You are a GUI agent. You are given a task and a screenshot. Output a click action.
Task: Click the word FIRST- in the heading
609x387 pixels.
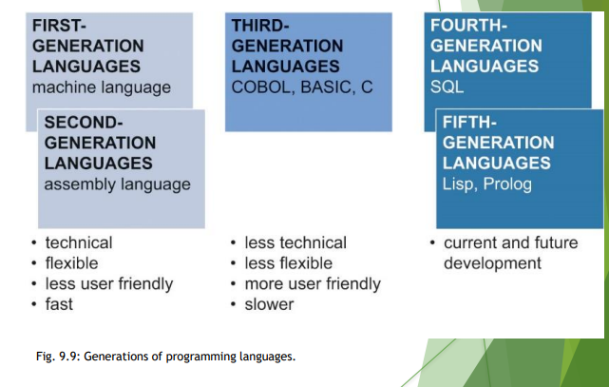59,26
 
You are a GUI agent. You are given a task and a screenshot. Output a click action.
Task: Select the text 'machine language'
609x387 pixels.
102,87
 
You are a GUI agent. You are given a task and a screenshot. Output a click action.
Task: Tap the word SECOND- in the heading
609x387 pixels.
84,123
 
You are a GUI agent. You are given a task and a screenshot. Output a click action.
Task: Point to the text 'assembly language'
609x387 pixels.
117,184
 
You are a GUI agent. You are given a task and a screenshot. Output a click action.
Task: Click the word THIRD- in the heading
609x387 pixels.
260,26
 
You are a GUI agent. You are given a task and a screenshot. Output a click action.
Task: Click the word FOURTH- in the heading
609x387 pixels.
468,26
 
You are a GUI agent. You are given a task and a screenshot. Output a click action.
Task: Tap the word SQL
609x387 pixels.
447,87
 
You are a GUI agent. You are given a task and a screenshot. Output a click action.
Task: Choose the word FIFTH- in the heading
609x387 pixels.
469,123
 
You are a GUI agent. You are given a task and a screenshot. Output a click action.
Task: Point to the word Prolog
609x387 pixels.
507,184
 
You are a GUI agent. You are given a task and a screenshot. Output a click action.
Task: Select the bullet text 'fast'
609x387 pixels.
59,304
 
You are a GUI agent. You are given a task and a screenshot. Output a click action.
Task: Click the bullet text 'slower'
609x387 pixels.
269,304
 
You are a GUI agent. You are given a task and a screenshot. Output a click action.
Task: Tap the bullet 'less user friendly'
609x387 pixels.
109,283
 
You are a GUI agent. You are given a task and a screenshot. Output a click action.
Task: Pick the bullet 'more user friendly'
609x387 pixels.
313,283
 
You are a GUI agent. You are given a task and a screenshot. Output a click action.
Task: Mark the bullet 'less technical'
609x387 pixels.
295,242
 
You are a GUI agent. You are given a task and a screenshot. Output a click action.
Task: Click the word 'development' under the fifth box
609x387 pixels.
492,263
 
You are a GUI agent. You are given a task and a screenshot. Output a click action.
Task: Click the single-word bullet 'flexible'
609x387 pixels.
71,263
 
